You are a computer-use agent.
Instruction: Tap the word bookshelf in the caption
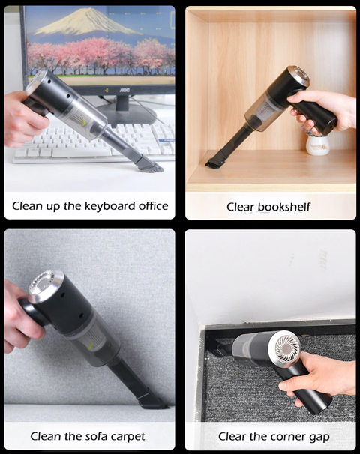(284, 207)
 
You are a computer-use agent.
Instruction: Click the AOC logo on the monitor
(124, 91)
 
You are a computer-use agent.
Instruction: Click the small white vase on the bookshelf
(318, 145)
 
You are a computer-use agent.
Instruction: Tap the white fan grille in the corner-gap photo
(288, 348)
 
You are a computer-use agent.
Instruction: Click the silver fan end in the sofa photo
(45, 285)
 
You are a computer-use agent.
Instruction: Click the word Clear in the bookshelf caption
(240, 207)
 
